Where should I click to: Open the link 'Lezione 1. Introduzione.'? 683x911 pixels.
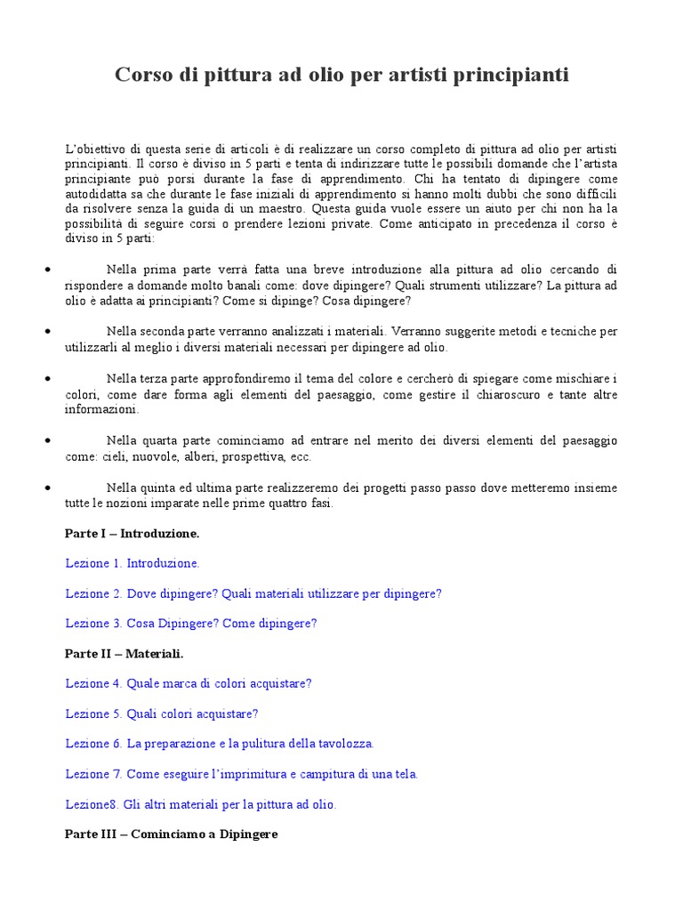133,563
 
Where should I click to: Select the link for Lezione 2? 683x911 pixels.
253,593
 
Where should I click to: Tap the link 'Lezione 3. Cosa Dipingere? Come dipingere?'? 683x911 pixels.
191,624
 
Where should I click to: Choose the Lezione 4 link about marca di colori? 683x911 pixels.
189,683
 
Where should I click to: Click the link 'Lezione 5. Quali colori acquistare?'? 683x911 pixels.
162,713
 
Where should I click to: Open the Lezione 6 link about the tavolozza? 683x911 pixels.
220,744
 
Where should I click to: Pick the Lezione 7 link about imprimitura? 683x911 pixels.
241,774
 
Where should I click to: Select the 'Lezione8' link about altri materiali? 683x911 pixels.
201,804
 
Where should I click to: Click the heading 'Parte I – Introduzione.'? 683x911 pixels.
133,534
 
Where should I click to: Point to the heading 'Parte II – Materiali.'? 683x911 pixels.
125,654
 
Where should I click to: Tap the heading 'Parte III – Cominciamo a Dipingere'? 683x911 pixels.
172,834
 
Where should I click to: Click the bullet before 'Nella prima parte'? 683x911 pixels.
45,269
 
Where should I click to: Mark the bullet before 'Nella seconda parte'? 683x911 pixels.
45,331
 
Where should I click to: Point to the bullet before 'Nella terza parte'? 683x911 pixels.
45,379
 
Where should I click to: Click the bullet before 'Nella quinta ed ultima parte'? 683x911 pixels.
45,488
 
